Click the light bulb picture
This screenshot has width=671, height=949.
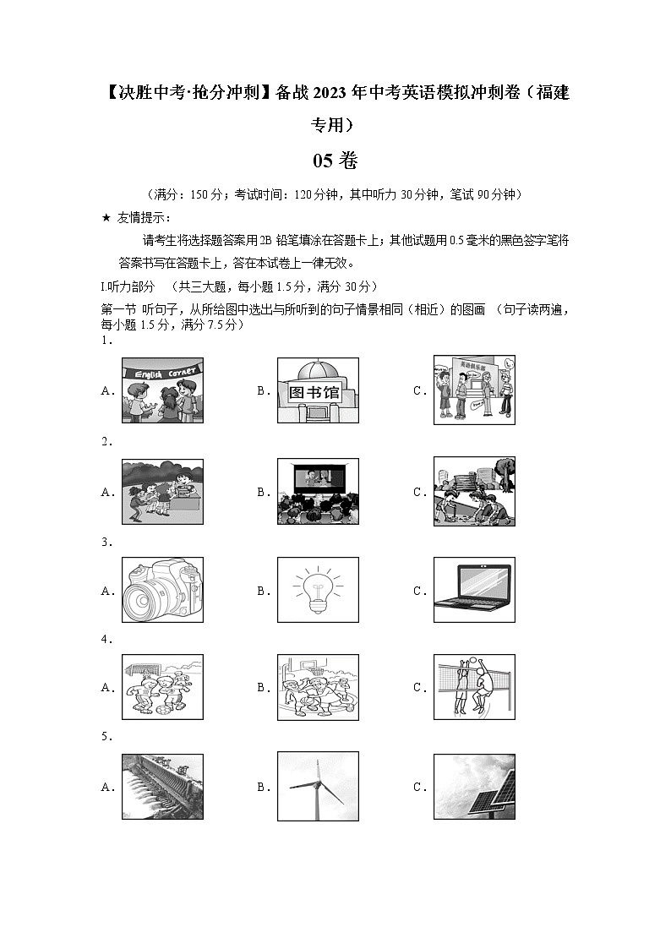coord(318,590)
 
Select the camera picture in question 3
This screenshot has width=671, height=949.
coord(162,590)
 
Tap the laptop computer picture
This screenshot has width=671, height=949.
coord(474,590)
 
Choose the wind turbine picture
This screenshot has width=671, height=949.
coord(318,787)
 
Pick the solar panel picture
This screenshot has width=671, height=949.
coord(474,787)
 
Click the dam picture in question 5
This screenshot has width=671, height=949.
coord(162,787)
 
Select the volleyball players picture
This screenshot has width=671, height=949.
coord(474,687)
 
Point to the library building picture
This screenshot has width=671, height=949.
coord(318,390)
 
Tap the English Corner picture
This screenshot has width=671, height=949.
coord(162,390)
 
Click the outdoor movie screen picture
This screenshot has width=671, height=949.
coord(318,491)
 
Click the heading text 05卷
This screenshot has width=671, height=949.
coord(335,161)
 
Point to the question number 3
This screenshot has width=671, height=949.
coord(106,542)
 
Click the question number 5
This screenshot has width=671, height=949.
coord(106,737)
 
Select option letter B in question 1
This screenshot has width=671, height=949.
coord(263,391)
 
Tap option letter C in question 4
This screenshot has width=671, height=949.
coord(419,688)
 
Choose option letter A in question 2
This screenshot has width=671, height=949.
coord(106,492)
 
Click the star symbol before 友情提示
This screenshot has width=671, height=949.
coord(106,218)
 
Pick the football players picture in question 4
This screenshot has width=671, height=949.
coord(162,687)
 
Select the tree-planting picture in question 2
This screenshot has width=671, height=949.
coord(474,491)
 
